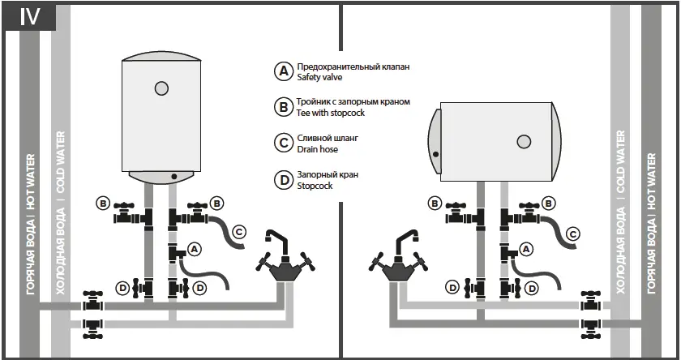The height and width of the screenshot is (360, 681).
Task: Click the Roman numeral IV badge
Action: (29, 17)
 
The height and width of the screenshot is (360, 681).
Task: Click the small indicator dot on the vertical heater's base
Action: (174, 176)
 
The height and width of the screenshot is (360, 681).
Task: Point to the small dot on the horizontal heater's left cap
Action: (436, 153)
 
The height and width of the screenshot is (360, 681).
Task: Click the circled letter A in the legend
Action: (283, 71)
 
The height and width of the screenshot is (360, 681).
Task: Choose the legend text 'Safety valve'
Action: (320, 78)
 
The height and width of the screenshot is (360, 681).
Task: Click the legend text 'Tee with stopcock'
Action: (332, 114)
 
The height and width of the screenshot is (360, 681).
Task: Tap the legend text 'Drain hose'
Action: (318, 150)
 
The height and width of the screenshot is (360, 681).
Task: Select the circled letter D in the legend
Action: (283, 180)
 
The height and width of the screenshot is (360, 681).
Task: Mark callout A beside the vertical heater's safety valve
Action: (195, 247)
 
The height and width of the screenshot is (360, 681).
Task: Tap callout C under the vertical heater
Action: (239, 232)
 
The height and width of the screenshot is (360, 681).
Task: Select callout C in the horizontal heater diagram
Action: (572, 234)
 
